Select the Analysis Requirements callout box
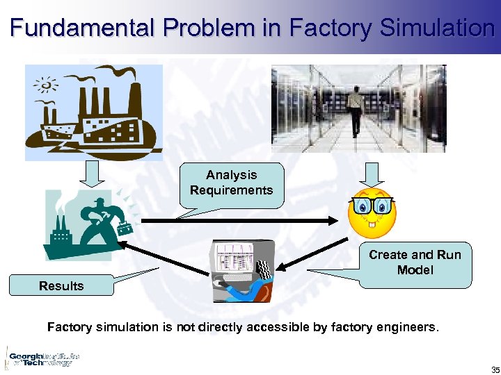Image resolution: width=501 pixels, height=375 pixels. click(231, 183)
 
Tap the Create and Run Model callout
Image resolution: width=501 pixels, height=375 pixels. click(415, 263)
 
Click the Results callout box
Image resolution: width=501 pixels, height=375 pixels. click(61, 285)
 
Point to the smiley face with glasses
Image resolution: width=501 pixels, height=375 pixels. click(372, 210)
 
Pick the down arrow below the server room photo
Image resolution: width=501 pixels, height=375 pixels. click(372, 174)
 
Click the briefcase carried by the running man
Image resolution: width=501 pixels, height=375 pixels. click(125, 228)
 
